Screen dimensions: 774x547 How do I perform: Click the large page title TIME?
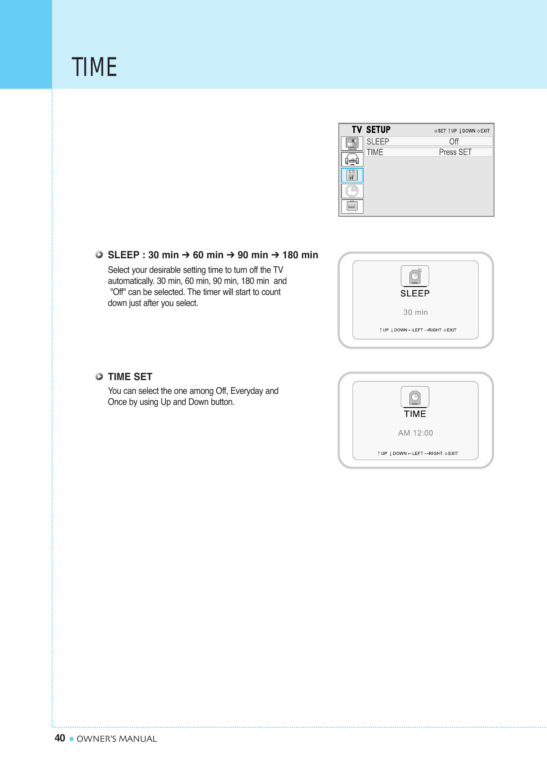click(94, 67)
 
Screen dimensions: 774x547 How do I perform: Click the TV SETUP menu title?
click(371, 130)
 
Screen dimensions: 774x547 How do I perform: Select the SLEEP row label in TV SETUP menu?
click(378, 141)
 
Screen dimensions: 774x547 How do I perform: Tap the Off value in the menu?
click(453, 141)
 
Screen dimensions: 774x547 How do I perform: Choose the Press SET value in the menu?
click(455, 152)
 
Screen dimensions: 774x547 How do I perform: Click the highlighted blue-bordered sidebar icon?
click(352, 175)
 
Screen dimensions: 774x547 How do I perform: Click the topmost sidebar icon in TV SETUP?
click(352, 143)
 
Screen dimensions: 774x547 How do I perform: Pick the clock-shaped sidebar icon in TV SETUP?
click(352, 191)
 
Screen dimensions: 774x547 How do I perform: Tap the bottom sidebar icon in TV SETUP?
click(352, 206)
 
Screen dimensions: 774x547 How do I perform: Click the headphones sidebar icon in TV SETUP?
click(352, 159)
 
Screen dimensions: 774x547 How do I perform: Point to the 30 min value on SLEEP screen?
click(415, 312)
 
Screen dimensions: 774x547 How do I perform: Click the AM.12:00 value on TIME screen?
click(415, 433)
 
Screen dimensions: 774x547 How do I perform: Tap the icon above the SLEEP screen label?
click(415, 276)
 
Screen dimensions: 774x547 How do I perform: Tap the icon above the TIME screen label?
click(415, 397)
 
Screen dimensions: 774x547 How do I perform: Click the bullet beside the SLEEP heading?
click(99, 255)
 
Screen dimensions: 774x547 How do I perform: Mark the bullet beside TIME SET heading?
click(99, 377)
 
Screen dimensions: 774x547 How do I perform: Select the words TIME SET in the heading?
click(130, 377)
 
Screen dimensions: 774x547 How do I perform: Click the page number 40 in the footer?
click(60, 738)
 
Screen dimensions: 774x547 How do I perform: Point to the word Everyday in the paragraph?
click(247, 391)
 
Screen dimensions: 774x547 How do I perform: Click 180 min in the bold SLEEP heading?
click(300, 255)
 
